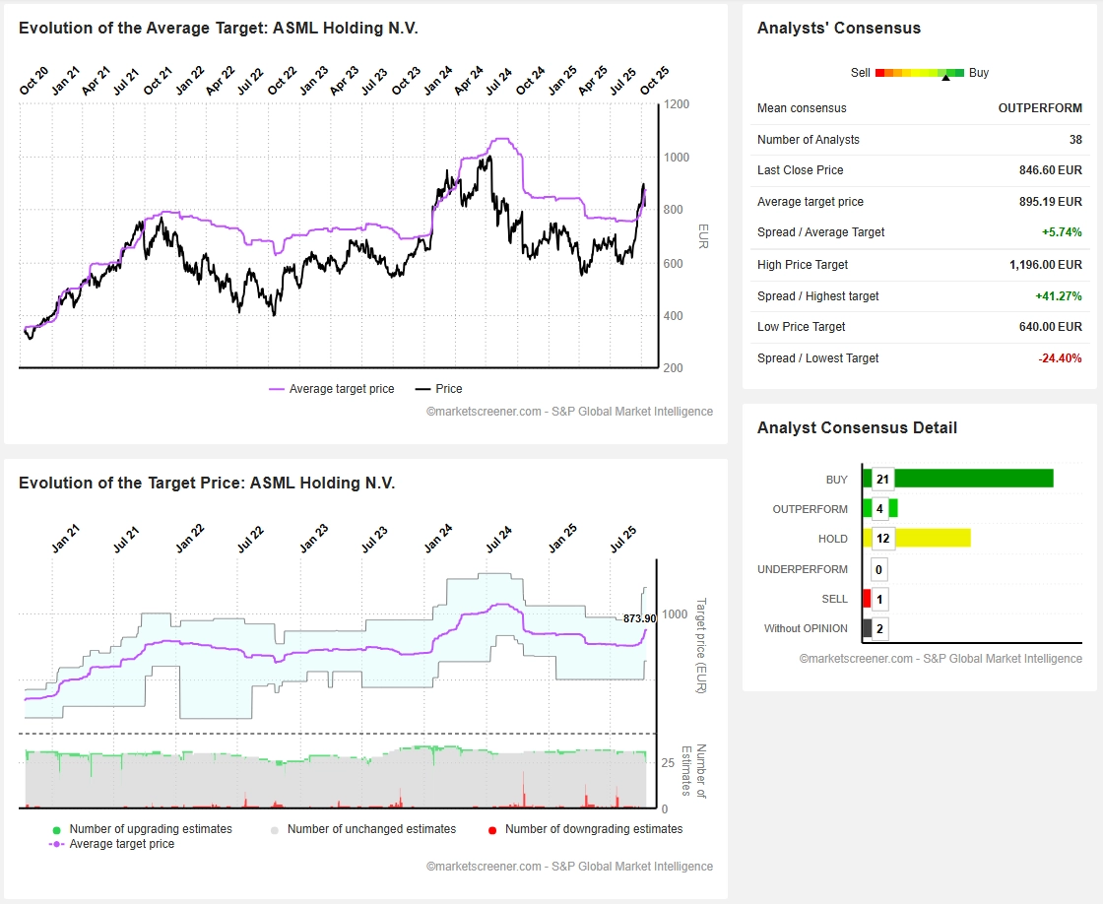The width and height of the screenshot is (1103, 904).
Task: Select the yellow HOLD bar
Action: point(932,538)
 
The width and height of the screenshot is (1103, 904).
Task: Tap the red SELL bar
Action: point(867,599)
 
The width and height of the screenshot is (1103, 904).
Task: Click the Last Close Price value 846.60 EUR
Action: point(1050,170)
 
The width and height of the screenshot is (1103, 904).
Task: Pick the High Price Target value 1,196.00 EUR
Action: point(1045,265)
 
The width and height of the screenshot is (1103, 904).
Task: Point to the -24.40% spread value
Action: point(1060,358)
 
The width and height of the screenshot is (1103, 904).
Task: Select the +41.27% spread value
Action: point(1059,296)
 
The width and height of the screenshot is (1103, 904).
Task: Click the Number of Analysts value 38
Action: point(1074,140)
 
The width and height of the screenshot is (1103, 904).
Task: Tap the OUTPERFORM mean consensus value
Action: point(1040,108)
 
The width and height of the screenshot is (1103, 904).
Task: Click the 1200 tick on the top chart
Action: point(676,104)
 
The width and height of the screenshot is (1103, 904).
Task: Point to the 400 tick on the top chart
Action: point(674,316)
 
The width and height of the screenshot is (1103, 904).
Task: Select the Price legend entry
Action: point(448,389)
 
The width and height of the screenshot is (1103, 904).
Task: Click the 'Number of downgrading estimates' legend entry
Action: point(593,829)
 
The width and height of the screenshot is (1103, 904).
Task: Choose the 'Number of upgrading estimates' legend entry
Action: point(150,829)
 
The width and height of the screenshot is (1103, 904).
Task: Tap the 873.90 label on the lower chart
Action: point(639,618)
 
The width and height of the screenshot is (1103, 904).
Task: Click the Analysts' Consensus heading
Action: point(838,29)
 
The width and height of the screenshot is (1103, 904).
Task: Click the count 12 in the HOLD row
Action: point(882,538)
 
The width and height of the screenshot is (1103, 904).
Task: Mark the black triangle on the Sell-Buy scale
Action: point(945,78)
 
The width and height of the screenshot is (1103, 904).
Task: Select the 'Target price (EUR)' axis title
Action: point(701,645)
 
